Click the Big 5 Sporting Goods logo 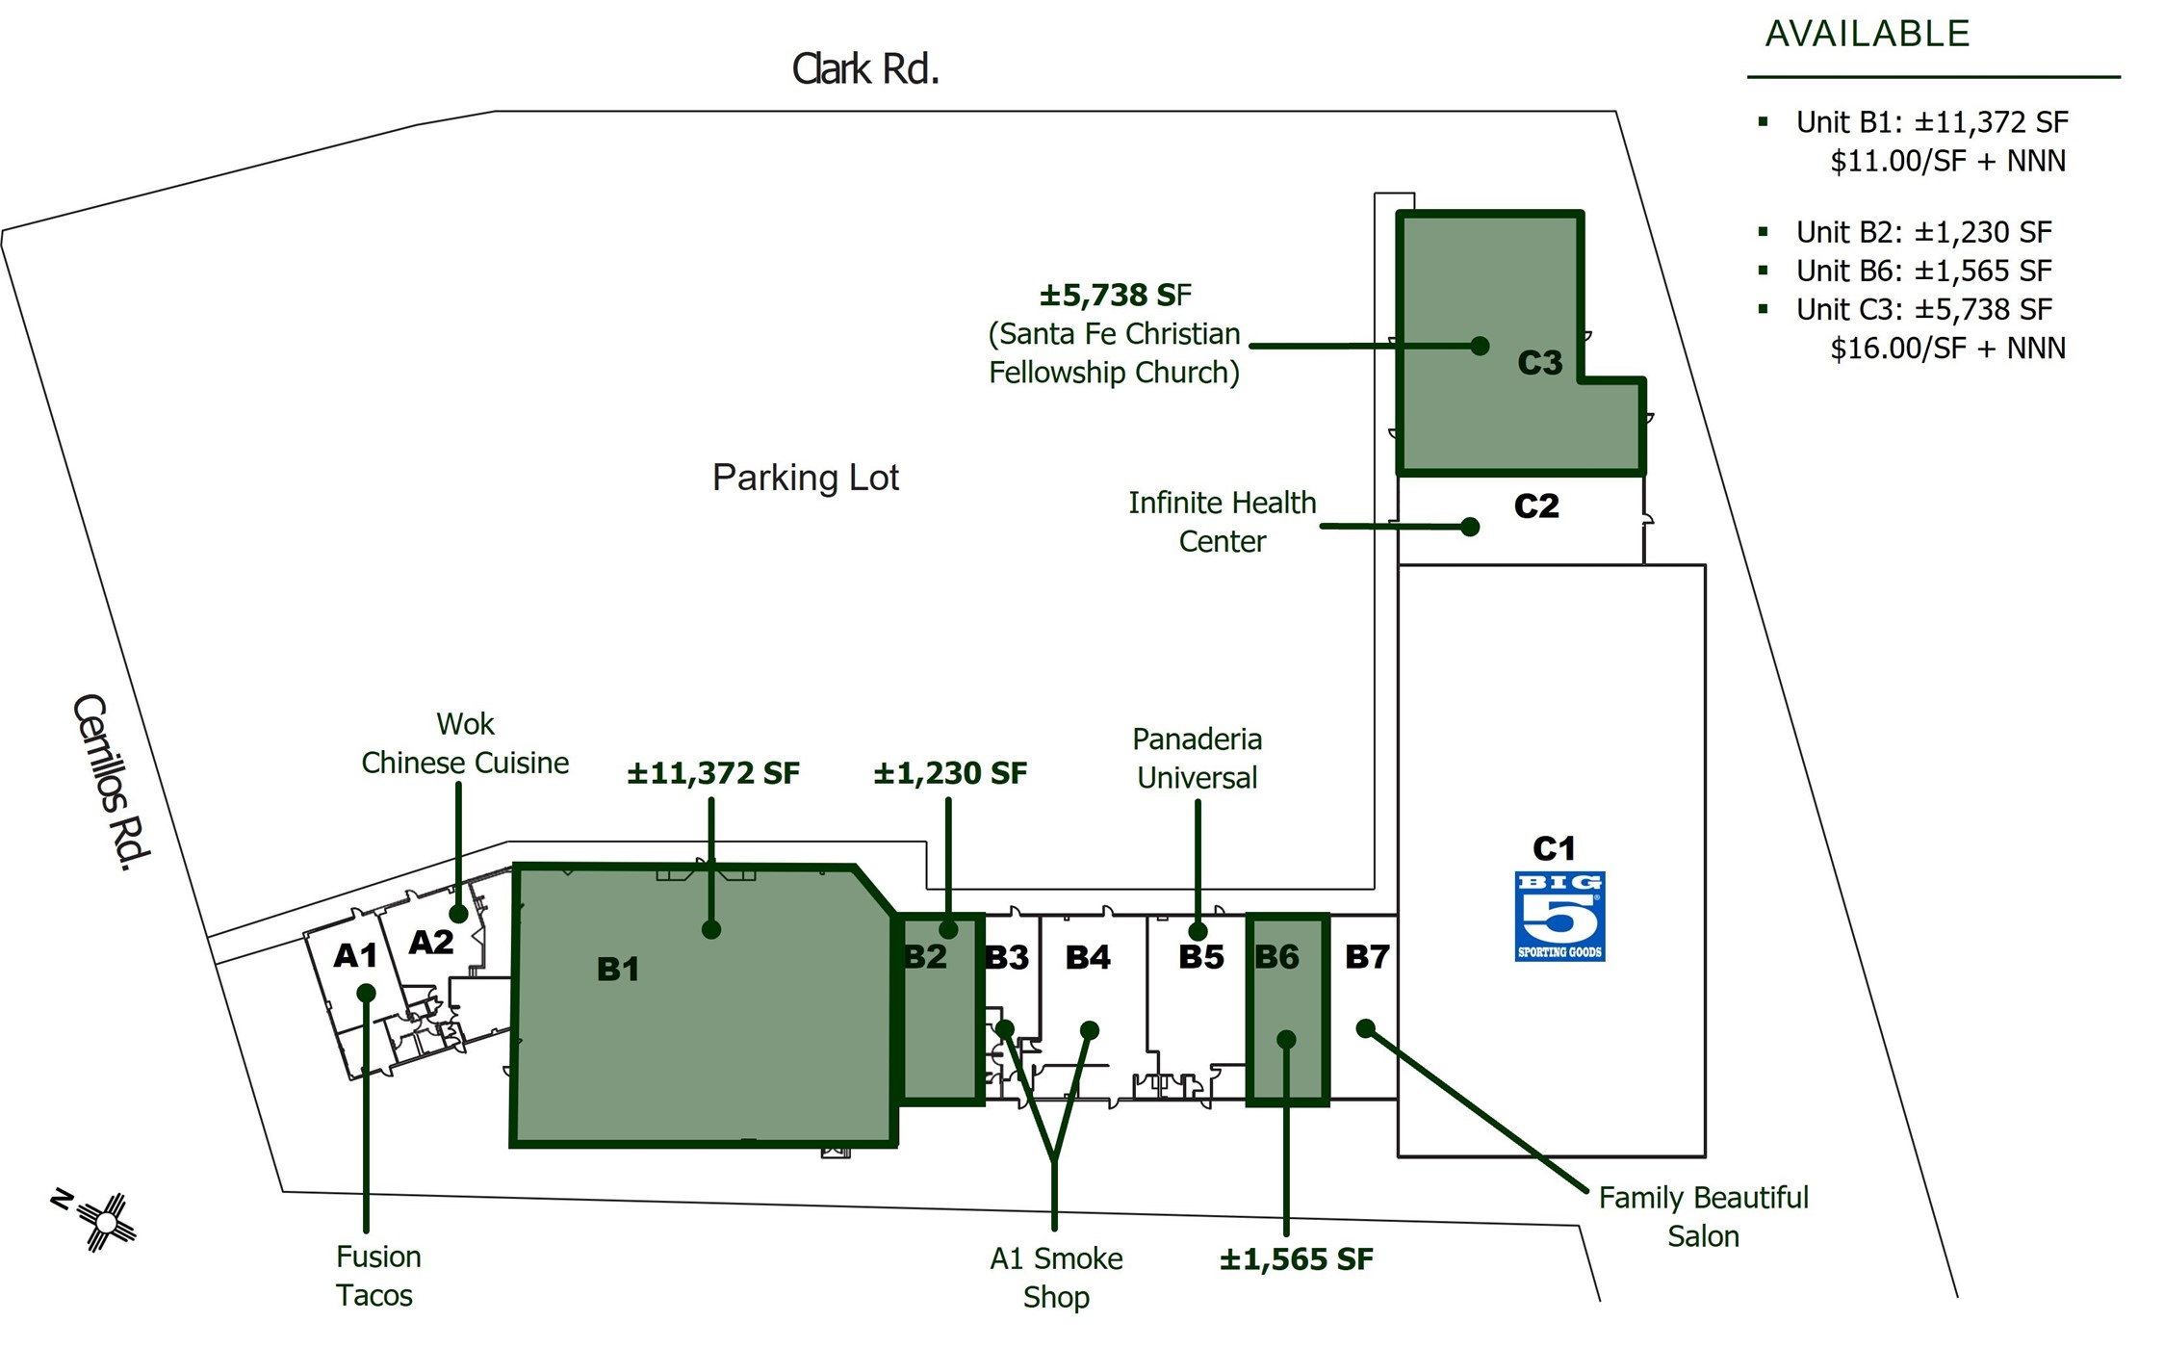pyautogui.click(x=1559, y=916)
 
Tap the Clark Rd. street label pyautogui.click(x=864, y=69)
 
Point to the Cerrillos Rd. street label pyautogui.click(x=112, y=782)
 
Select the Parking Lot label pyautogui.click(x=805, y=478)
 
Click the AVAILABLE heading pyautogui.click(x=1867, y=35)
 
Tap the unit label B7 pyautogui.click(x=1367, y=956)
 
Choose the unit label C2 pyautogui.click(x=1535, y=505)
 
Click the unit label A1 pyautogui.click(x=355, y=955)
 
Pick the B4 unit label pyautogui.click(x=1088, y=956)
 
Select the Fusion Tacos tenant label pyautogui.click(x=377, y=1276)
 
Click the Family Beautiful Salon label pyautogui.click(x=1703, y=1216)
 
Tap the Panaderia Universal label pyautogui.click(x=1197, y=758)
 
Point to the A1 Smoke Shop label pyautogui.click(x=1056, y=1277)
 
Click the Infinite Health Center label pyautogui.click(x=1222, y=522)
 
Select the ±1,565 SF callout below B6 pyautogui.click(x=1296, y=1259)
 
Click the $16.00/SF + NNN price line pyautogui.click(x=1946, y=348)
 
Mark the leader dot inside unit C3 pyautogui.click(x=1481, y=346)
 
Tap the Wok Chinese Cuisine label pyautogui.click(x=465, y=743)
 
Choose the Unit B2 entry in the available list pyautogui.click(x=1922, y=232)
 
